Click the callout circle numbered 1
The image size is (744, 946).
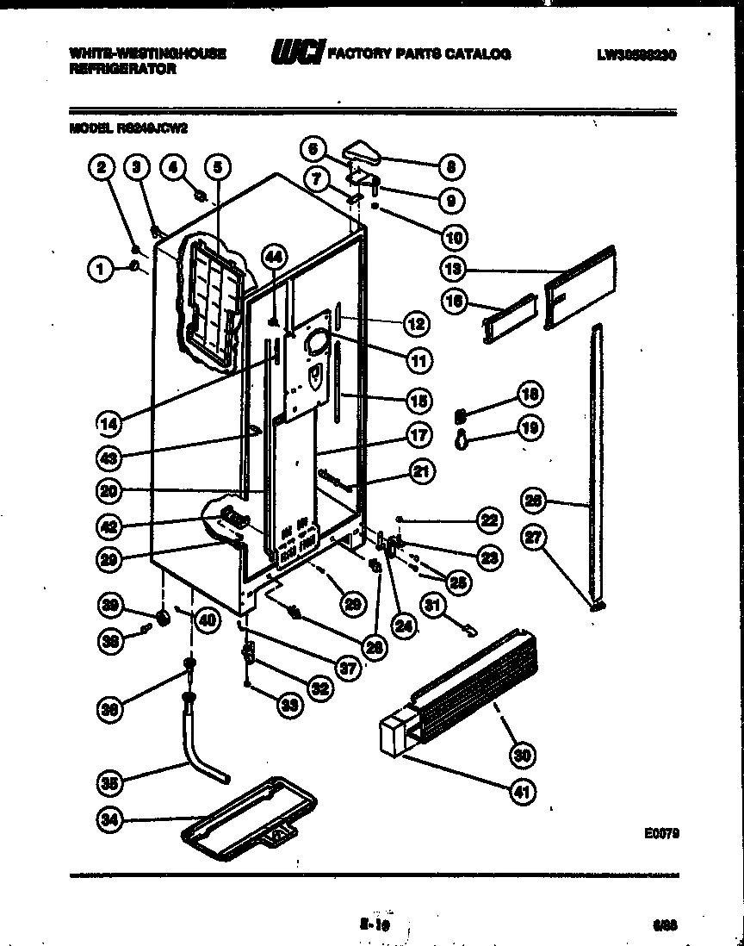101,270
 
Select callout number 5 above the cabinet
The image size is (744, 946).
218,168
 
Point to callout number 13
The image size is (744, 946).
453,269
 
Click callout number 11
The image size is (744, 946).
419,360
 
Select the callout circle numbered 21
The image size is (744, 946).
423,471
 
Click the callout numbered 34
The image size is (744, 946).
108,821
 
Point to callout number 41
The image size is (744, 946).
522,791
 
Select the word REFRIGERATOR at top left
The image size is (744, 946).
121,69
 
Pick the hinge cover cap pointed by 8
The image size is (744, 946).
365,154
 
